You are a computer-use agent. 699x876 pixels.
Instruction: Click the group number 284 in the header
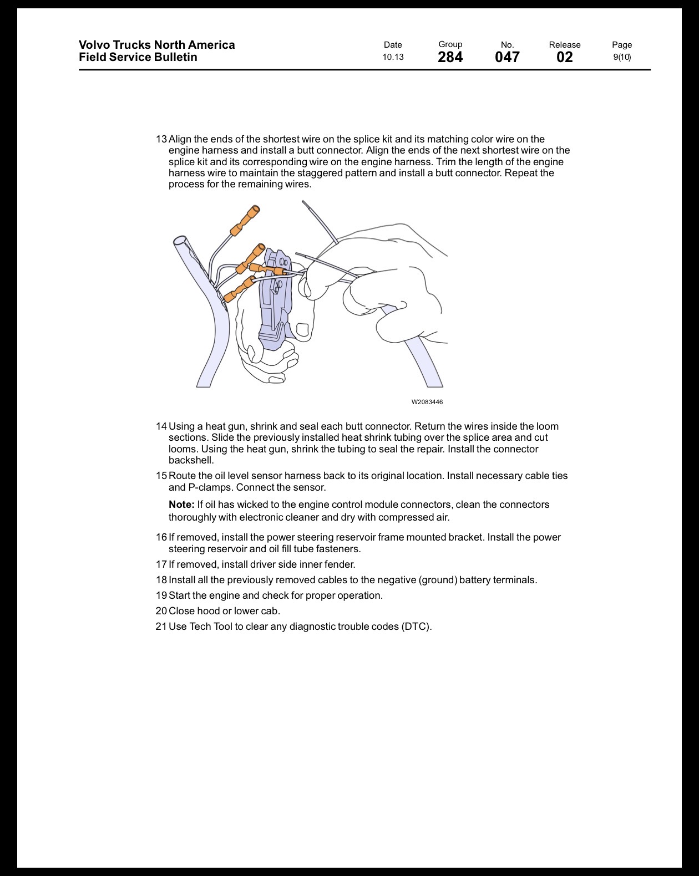[450, 58]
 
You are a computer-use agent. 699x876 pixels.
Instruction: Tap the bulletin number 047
[507, 58]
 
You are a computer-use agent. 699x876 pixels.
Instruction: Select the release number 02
[565, 58]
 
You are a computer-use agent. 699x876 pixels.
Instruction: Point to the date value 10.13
[393, 57]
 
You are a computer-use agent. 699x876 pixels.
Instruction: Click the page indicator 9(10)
[622, 57]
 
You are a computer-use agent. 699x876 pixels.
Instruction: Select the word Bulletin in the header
[173, 57]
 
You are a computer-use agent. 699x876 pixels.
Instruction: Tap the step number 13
[161, 139]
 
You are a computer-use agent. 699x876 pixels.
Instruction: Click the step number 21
[161, 627]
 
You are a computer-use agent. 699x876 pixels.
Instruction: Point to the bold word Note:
[181, 505]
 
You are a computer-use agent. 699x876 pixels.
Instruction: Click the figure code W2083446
[427, 402]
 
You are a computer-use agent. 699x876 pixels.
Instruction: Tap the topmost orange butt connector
[245, 221]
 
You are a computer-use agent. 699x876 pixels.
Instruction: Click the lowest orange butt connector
[239, 289]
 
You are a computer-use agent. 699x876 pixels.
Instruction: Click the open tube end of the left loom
[180, 241]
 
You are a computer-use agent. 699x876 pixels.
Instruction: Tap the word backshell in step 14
[190, 460]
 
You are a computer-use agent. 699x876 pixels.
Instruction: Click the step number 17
[161, 564]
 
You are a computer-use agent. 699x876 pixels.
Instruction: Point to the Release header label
[565, 45]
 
